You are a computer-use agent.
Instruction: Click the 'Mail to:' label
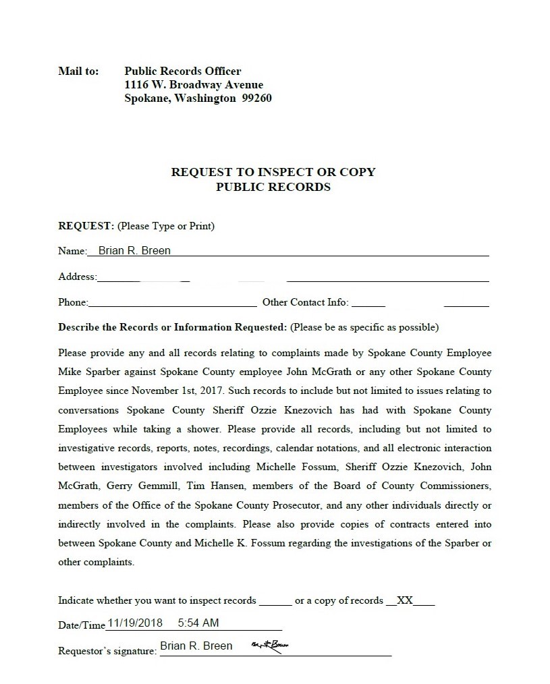point(78,71)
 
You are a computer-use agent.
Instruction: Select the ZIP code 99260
point(256,98)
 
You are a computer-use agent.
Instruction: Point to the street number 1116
point(137,84)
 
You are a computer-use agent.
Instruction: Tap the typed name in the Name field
point(134,251)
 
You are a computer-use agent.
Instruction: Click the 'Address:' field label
point(78,277)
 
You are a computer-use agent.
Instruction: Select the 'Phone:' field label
point(73,302)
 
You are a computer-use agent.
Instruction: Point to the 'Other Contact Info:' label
point(305,302)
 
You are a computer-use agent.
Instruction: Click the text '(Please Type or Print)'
point(166,226)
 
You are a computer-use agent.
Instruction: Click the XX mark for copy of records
point(405,600)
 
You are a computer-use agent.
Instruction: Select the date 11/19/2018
point(135,623)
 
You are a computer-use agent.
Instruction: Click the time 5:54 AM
point(198,623)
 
